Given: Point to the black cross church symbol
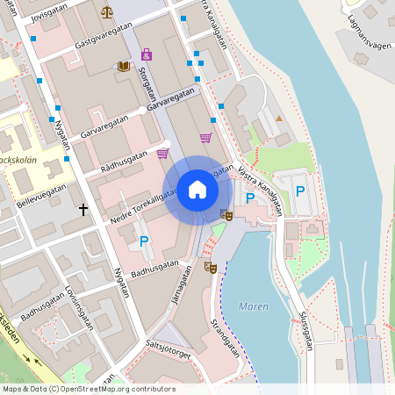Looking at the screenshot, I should (x=84, y=210).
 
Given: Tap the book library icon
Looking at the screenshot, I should (x=123, y=66).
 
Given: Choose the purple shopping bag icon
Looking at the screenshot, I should (x=147, y=54).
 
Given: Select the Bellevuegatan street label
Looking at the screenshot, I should (x=41, y=194).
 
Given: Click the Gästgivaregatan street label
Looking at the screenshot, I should (x=103, y=36).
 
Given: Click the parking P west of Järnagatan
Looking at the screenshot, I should (x=145, y=241).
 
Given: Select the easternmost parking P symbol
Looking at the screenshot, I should (x=300, y=191).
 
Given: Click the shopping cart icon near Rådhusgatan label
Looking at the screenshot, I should (x=162, y=153).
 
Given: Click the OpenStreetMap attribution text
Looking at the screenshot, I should (x=89, y=389).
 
